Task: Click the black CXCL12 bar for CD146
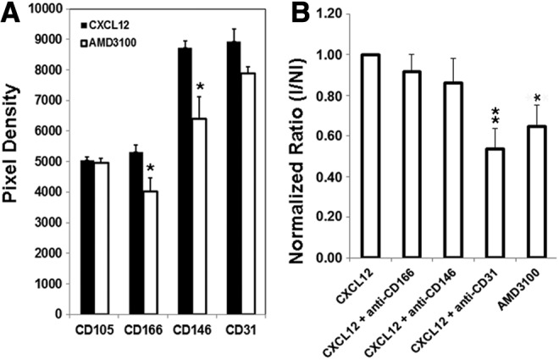tap(185, 180)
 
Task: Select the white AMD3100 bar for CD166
tap(149, 252)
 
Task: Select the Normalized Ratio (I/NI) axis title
tap(294, 136)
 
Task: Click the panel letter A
tap(10, 11)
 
